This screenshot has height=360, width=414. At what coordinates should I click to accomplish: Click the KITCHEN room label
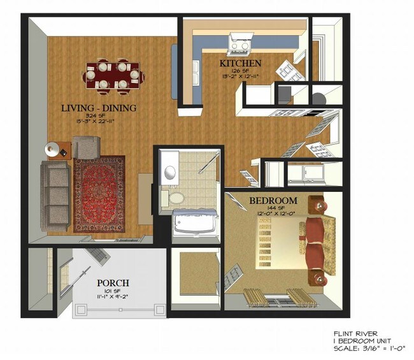click(239, 64)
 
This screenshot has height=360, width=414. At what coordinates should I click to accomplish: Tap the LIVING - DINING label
click(99, 108)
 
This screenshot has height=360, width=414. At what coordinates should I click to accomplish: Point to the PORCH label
click(113, 282)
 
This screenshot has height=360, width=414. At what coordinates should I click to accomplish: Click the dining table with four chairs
click(111, 75)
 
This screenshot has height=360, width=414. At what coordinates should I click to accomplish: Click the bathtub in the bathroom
click(194, 222)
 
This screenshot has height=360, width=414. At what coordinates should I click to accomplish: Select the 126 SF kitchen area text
click(240, 71)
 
